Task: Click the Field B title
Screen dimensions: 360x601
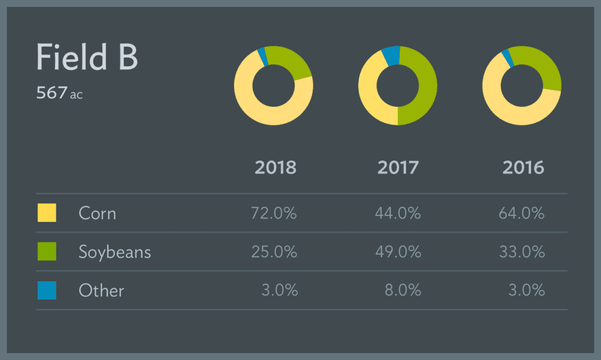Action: point(87,58)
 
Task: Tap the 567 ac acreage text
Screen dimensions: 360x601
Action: point(59,93)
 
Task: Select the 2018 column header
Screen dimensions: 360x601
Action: point(275,167)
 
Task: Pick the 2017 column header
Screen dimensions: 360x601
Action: point(398,167)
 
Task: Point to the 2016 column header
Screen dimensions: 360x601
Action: point(523,167)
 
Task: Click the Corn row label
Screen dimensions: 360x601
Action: point(97,213)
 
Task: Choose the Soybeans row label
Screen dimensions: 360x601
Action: point(115,252)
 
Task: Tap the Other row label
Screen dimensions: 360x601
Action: point(102,290)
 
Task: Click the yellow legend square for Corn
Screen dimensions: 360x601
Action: point(47,213)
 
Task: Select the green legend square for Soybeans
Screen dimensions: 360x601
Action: point(47,251)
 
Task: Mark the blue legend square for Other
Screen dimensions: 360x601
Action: point(47,290)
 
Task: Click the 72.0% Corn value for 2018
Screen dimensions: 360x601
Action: point(275,213)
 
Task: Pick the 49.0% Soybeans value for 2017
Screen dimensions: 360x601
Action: point(398,252)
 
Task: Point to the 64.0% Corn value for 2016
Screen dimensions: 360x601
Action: point(522,213)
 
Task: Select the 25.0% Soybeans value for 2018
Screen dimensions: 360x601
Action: point(275,252)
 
